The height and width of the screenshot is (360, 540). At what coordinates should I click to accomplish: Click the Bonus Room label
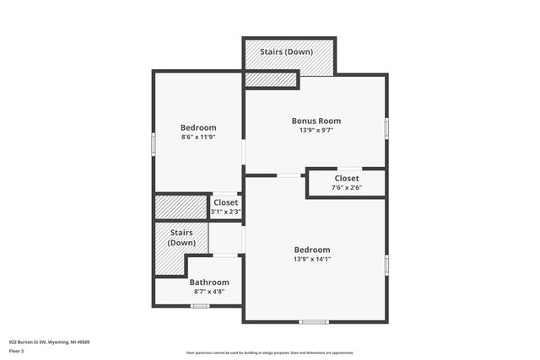point(316,121)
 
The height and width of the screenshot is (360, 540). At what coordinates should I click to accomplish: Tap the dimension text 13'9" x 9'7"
point(316,131)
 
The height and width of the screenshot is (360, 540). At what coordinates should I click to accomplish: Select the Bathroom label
point(208,282)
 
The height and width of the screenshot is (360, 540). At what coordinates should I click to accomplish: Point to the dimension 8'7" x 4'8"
point(208,292)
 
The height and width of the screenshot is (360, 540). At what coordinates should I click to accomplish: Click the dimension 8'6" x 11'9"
point(198,137)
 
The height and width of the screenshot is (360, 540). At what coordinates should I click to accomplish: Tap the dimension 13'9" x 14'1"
point(312,260)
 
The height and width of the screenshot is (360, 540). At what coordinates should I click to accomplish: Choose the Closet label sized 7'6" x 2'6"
point(346,178)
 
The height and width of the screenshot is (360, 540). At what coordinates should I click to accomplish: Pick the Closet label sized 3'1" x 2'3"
point(225,202)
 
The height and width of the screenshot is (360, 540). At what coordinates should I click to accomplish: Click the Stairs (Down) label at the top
point(286,51)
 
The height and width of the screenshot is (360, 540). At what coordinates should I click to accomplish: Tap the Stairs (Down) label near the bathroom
point(181,238)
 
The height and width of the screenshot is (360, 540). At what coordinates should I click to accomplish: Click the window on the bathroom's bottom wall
point(199,306)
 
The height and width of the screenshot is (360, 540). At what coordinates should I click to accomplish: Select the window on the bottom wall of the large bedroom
point(314,321)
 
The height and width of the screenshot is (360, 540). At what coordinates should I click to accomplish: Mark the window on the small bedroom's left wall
point(154,143)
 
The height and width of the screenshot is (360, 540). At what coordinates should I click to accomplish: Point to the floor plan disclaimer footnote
point(270,352)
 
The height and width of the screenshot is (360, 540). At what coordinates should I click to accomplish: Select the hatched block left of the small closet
point(181,207)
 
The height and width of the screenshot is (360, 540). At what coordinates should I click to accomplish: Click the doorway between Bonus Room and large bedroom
point(290,175)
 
